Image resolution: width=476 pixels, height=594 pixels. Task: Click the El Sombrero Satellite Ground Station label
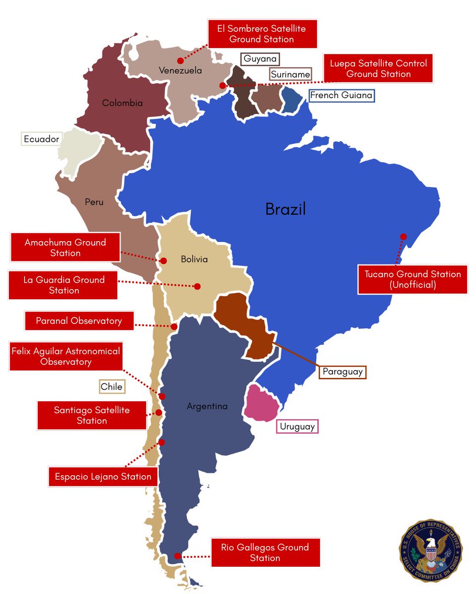tap(261, 34)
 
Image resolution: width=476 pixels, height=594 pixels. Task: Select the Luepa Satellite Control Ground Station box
tap(378, 69)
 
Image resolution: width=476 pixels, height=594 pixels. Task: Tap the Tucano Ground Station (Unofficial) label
tap(413, 279)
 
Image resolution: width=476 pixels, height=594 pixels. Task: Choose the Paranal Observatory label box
tap(79, 321)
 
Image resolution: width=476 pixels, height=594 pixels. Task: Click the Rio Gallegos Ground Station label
tap(265, 552)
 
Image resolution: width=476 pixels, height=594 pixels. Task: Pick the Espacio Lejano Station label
tap(103, 477)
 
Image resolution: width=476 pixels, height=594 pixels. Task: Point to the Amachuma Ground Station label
tap(65, 247)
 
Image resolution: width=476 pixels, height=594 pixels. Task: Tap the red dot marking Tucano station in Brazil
tap(403, 237)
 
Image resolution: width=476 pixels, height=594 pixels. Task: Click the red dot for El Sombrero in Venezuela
tap(180, 60)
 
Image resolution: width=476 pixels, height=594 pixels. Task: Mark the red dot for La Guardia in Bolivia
tap(197, 286)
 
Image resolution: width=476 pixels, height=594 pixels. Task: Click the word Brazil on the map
tap(286, 209)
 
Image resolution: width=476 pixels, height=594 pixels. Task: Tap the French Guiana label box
tap(341, 95)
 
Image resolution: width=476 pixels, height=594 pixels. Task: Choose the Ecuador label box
tap(41, 139)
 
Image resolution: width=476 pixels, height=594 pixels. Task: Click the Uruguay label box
tap(297, 426)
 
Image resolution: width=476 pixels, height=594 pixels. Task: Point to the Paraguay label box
tap(342, 371)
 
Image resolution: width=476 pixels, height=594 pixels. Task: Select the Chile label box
tap(112, 387)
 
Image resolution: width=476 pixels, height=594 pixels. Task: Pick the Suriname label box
tap(291, 75)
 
